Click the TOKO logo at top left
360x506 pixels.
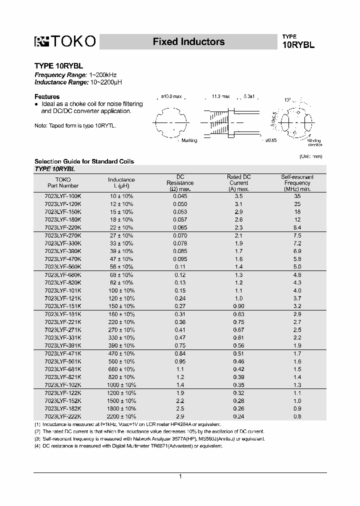point(64,42)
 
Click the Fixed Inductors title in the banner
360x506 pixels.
point(188,42)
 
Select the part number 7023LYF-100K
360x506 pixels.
point(62,196)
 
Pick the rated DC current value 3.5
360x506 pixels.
point(238,196)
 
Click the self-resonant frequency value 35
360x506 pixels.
point(297,196)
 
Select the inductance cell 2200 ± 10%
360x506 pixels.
point(121,416)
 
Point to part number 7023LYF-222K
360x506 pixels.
point(62,416)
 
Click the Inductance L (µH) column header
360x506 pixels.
point(121,182)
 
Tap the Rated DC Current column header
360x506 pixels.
point(238,183)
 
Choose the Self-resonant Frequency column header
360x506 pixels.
point(297,183)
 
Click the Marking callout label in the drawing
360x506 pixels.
point(189,140)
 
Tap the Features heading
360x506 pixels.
point(47,96)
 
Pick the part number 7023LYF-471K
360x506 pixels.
point(62,353)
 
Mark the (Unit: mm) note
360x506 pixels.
point(311,156)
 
